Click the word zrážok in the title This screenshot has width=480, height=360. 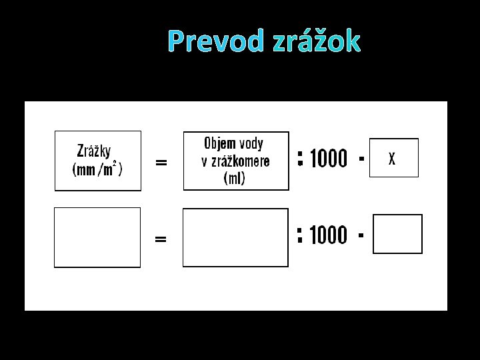pyautogui.click(x=317, y=41)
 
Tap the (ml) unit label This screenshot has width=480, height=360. pyautogui.click(x=235, y=178)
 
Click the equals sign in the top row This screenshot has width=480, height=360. pyautogui.click(x=161, y=162)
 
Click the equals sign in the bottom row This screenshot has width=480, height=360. pyautogui.click(x=161, y=239)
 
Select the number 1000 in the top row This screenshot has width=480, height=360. pyautogui.click(x=329, y=159)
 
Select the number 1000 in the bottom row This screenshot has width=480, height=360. pyautogui.click(x=329, y=235)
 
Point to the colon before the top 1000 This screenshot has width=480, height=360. pyautogui.click(x=301, y=158)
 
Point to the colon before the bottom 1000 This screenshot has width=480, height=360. pyautogui.click(x=301, y=235)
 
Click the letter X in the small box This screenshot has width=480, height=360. pyautogui.click(x=392, y=159)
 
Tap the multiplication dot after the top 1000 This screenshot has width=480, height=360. pyautogui.click(x=361, y=159)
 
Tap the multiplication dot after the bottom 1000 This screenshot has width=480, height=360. pyautogui.click(x=361, y=235)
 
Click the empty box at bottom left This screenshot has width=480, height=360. pyautogui.click(x=97, y=237)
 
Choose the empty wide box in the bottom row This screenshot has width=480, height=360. pyautogui.click(x=235, y=237)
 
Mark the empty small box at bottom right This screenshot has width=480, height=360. pyautogui.click(x=397, y=234)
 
